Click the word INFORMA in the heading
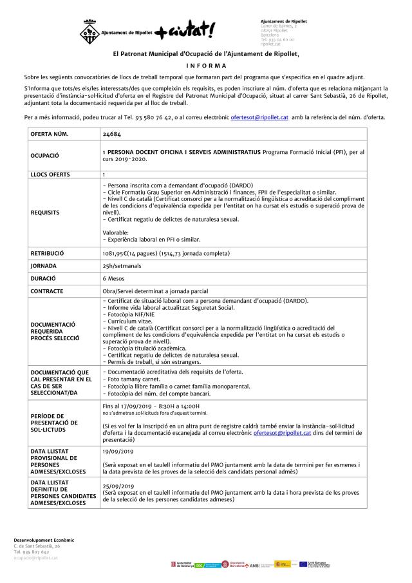[x=205, y=66]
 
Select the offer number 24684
[x=111, y=134]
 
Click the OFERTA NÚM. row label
[x=49, y=134]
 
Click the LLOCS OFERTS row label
[x=53, y=175]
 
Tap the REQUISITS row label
[x=44, y=211]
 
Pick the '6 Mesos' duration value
[x=113, y=278]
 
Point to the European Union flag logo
[x=303, y=564]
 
